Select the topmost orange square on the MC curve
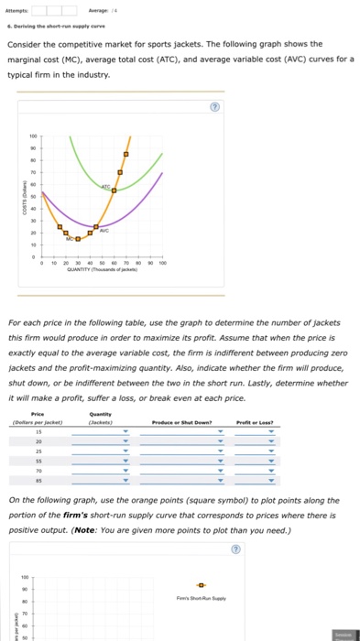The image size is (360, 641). pos(125,156)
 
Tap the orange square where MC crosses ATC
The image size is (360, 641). pos(113,190)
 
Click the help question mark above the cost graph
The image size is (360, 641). pos(214,105)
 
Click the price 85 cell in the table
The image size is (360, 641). pos(38,479)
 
